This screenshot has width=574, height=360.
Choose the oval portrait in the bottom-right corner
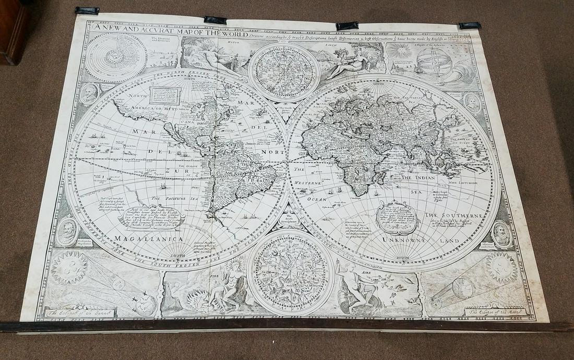coord(501,234)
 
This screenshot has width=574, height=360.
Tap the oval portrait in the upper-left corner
coord(89,94)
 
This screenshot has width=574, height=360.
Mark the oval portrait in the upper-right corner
coord(473,102)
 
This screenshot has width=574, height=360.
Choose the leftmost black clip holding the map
coord(87,10)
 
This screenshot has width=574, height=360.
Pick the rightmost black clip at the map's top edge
coord(470,25)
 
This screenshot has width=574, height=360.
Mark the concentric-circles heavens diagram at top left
coord(116,57)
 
